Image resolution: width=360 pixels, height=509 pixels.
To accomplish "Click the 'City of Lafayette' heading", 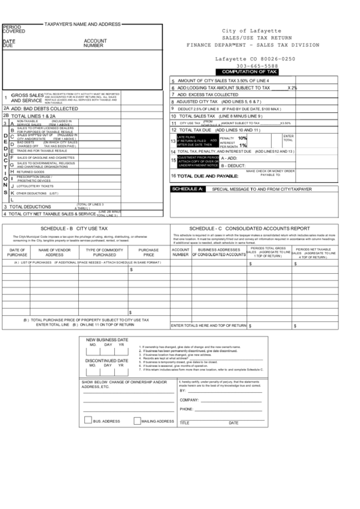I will point(251,31).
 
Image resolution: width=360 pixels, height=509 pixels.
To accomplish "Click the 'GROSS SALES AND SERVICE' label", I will point(26,97).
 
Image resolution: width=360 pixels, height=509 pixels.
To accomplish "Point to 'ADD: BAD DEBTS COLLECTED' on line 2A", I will point(45,108).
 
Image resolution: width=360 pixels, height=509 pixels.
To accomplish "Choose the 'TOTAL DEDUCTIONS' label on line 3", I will point(31,207).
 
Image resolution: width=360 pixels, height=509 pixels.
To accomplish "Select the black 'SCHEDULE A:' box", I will point(187,188).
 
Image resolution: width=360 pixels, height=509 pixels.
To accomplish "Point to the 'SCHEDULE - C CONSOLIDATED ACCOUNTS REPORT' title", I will point(259,228).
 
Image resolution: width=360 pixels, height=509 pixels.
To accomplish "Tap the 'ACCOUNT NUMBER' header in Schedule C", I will point(180,252).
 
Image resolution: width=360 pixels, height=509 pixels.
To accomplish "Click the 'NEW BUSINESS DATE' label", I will point(107,339).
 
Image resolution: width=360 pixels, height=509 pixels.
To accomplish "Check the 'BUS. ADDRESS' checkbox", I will point(88,421).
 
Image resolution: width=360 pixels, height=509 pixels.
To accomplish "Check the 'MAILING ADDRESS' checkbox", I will point(136,421).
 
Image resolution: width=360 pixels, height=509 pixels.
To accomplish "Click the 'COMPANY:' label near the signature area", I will point(190,400).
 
